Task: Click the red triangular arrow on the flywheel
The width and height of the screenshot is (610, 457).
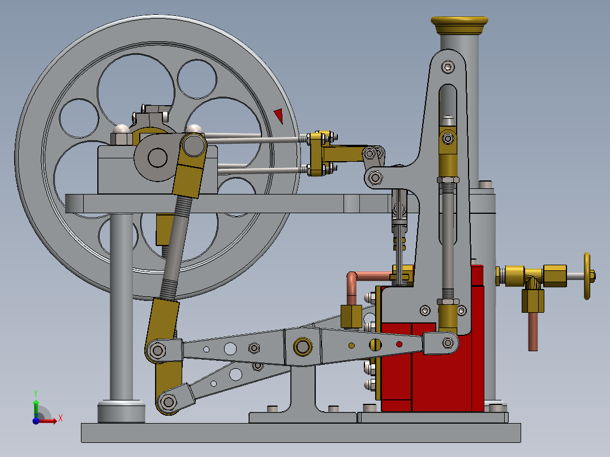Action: tap(278, 115)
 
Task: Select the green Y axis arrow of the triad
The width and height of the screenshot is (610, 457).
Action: tap(35, 402)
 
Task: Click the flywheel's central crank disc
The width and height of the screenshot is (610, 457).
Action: tap(157, 157)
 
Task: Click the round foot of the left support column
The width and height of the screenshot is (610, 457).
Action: tap(121, 411)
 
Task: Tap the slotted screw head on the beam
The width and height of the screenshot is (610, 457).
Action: tap(376, 344)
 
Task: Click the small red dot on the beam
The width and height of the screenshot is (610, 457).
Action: tap(399, 344)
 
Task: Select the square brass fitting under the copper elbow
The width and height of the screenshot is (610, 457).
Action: tap(351, 316)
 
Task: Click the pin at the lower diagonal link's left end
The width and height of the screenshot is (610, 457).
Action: tap(168, 402)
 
